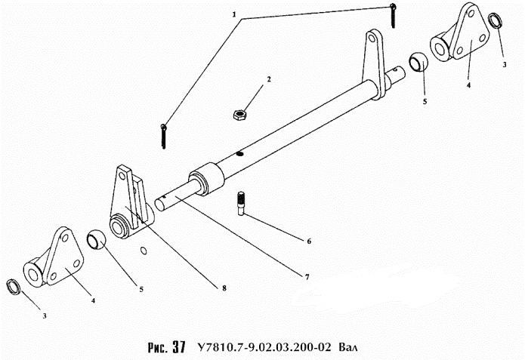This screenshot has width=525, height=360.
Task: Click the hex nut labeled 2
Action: [239, 115]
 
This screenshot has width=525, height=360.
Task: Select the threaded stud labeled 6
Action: [241, 204]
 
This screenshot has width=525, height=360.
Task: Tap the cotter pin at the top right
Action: [393, 15]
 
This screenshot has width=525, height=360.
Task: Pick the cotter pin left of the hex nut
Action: [164, 136]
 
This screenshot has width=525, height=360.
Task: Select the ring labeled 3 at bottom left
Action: [14, 287]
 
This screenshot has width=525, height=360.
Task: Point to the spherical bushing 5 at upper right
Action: [418, 62]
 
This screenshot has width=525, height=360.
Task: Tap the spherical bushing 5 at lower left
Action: [97, 239]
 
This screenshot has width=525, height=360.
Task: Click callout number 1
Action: [234, 15]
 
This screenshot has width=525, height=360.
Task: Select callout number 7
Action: [307, 277]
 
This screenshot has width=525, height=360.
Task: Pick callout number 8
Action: [224, 288]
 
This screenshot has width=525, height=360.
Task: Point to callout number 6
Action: [309, 241]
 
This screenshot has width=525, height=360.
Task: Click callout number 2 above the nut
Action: [268, 79]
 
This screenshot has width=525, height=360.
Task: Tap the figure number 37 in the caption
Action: [179, 347]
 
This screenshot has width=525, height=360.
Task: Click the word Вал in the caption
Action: [348, 347]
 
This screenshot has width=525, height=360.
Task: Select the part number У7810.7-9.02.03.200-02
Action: [264, 347]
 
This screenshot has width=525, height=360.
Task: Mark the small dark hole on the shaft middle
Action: [239, 153]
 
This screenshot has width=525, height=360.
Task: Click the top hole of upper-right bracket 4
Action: [471, 14]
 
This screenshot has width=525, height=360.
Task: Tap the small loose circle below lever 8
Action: [144, 251]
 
